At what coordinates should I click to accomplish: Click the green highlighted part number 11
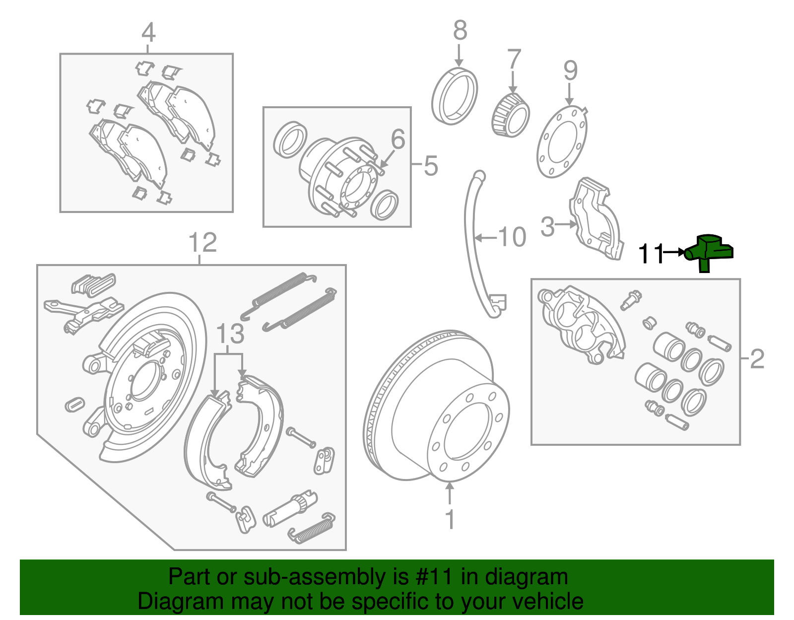(x=707, y=251)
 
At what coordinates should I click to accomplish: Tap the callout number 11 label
(x=651, y=254)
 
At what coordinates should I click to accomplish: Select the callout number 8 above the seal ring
(x=460, y=31)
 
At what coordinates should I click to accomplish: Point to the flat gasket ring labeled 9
(x=562, y=141)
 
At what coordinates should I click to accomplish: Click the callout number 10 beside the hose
(x=512, y=237)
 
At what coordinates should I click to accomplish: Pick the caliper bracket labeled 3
(x=595, y=218)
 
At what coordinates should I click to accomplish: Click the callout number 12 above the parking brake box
(x=202, y=243)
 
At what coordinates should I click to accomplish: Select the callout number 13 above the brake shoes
(x=230, y=334)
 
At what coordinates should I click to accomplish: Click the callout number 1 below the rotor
(x=450, y=519)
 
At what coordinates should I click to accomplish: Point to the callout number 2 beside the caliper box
(x=757, y=359)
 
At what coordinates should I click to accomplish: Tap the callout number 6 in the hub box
(x=398, y=139)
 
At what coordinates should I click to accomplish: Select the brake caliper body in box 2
(x=581, y=323)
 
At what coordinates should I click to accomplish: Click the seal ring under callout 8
(x=454, y=97)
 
